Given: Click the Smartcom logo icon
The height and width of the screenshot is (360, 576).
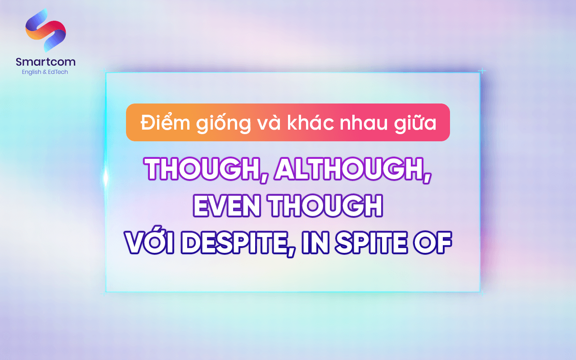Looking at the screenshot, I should [x=45, y=30].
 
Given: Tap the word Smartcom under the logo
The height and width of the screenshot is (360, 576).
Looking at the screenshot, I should [x=45, y=62].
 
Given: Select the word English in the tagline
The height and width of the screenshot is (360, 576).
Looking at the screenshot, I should [x=31, y=72].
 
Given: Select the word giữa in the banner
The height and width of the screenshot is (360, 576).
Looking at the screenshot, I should [x=418, y=122].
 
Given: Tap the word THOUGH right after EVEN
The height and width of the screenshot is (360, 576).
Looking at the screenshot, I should [x=325, y=206].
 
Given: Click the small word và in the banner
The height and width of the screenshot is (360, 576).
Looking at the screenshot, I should [x=269, y=122].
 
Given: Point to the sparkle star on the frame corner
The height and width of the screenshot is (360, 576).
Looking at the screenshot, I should [x=482, y=71].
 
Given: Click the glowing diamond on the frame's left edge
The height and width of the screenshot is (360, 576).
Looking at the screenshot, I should [x=106, y=178].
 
